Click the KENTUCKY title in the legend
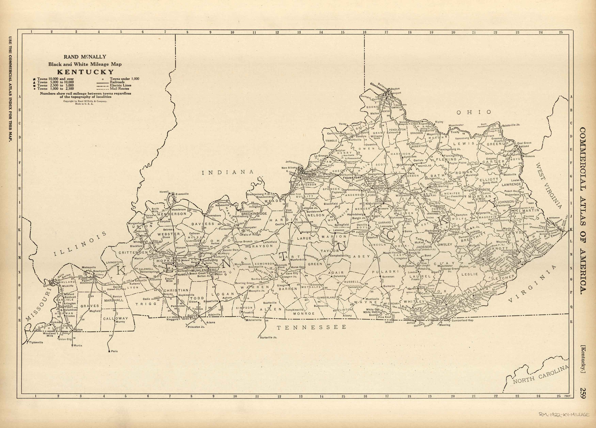[85, 72]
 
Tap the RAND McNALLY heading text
[85, 57]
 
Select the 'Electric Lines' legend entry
[121, 85]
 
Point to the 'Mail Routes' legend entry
[120, 89]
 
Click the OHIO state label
[474, 112]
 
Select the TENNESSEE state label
[312, 327]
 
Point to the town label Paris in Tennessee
[114, 351]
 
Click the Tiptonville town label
[36, 343]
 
